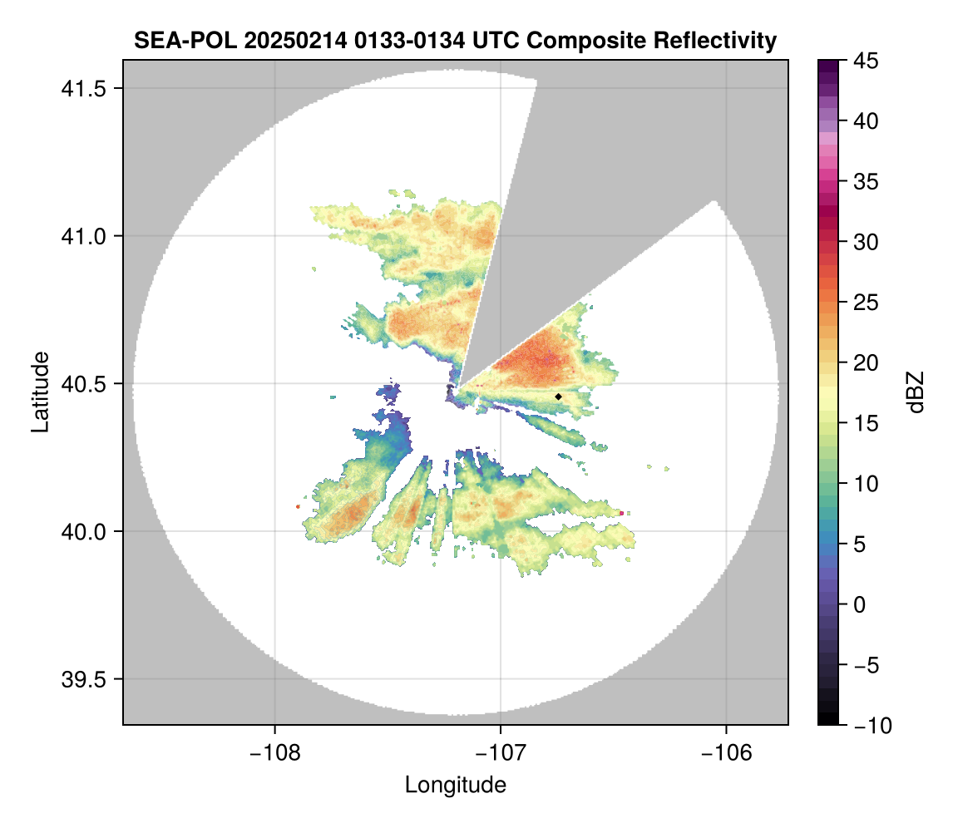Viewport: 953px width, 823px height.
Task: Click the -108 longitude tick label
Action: pyautogui.click(x=274, y=754)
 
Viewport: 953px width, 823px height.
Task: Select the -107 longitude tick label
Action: pyautogui.click(x=501, y=754)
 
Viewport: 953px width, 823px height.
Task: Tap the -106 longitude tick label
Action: pyautogui.click(x=727, y=754)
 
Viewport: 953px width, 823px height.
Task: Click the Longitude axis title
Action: pyautogui.click(x=456, y=785)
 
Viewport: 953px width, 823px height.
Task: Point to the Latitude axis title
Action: pyautogui.click(x=40, y=392)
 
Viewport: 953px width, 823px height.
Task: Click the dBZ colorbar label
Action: pyautogui.click(x=916, y=392)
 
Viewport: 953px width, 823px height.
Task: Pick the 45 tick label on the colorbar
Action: pyautogui.click(x=864, y=61)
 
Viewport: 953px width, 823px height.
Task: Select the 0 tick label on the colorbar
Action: pyautogui.click(x=859, y=604)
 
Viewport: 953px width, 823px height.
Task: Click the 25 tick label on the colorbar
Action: pyautogui.click(x=864, y=303)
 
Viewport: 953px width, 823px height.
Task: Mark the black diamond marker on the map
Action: pyautogui.click(x=559, y=397)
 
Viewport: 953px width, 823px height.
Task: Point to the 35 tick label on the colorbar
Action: pyautogui.click(x=864, y=181)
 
